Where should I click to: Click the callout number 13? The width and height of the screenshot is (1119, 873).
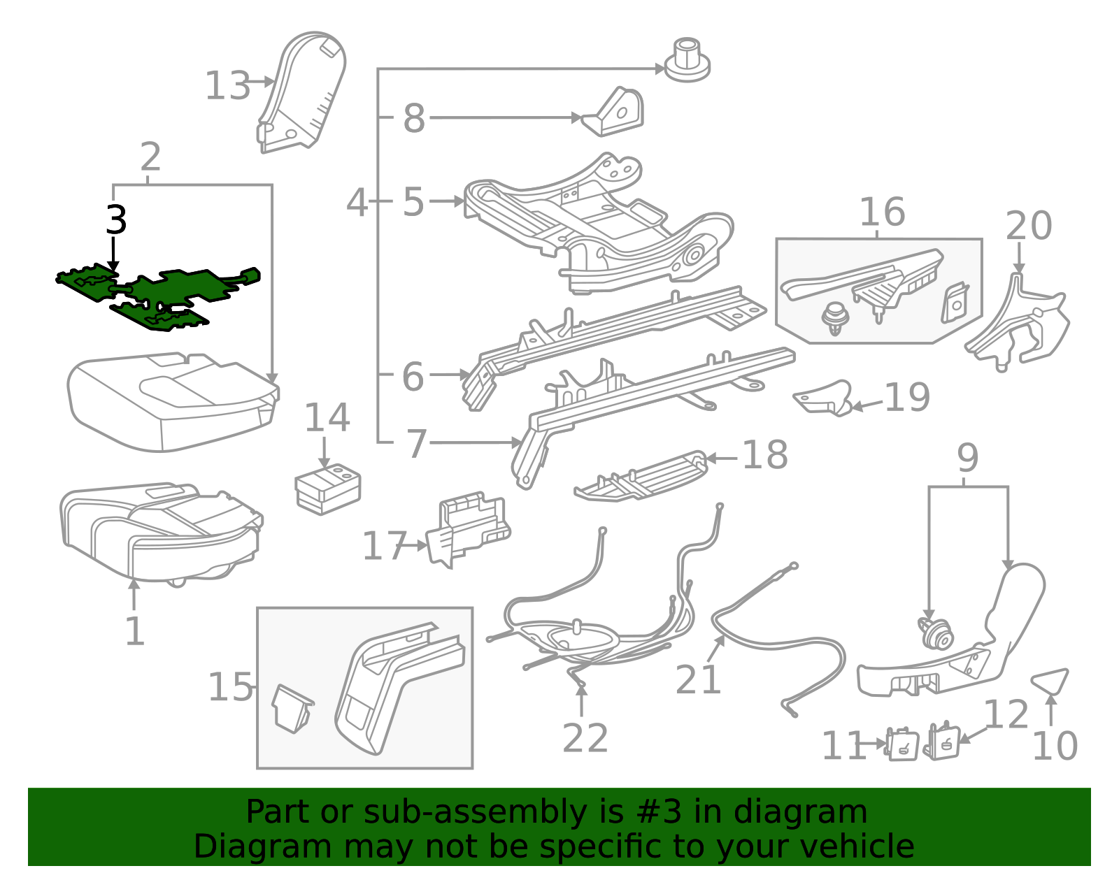(227, 85)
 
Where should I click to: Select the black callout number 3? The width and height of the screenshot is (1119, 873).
(116, 219)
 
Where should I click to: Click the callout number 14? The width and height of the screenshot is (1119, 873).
(327, 417)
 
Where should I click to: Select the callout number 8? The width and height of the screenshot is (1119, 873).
(414, 118)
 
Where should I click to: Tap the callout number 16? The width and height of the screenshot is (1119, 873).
(882, 211)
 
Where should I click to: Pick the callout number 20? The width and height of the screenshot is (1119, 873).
(1028, 225)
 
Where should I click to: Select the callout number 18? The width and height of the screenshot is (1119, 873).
(764, 454)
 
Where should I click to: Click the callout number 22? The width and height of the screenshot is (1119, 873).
(585, 737)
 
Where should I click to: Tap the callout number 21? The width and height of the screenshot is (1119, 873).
(697, 679)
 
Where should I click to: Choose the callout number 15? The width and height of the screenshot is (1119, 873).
(230, 686)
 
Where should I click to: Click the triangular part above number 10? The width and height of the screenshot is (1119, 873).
(1050, 681)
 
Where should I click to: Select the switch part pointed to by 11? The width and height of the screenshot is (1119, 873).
(901, 744)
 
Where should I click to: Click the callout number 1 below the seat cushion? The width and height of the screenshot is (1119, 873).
(135, 630)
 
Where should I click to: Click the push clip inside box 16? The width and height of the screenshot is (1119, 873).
(833, 319)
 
